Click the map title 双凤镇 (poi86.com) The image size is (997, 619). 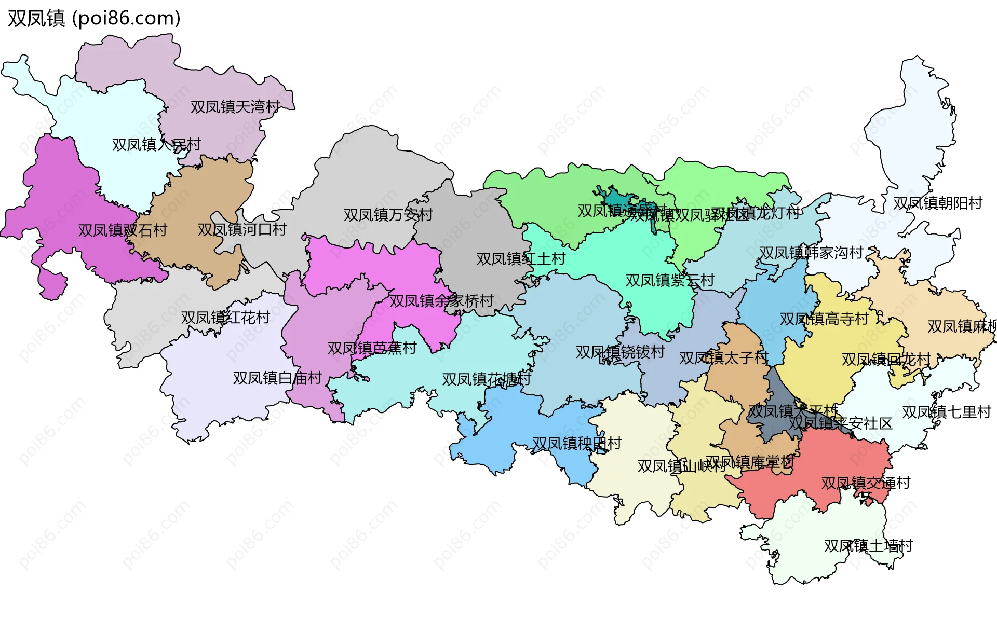click(x=94, y=18)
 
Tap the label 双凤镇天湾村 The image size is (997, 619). click(x=235, y=107)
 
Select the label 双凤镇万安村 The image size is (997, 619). click(x=388, y=214)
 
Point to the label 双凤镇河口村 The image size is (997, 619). click(x=242, y=229)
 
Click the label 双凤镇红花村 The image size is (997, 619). click(x=225, y=318)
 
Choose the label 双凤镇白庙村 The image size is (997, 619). click(x=277, y=378)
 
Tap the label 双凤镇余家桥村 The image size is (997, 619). click(x=441, y=300)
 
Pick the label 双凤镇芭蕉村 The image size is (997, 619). click(x=372, y=348)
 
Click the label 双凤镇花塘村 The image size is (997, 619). click(x=486, y=379)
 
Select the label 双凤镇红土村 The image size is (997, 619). click(x=521, y=258)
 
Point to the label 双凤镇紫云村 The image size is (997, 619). click(x=670, y=280)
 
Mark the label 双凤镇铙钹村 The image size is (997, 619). click(x=620, y=352)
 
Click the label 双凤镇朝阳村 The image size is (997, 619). click(x=937, y=203)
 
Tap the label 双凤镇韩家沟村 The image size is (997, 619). click(x=811, y=253)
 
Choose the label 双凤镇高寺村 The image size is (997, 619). click(x=824, y=319)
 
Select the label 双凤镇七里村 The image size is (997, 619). click(x=946, y=412)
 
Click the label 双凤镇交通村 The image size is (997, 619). click(x=866, y=483)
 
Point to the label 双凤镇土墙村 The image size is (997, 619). click(x=868, y=546)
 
